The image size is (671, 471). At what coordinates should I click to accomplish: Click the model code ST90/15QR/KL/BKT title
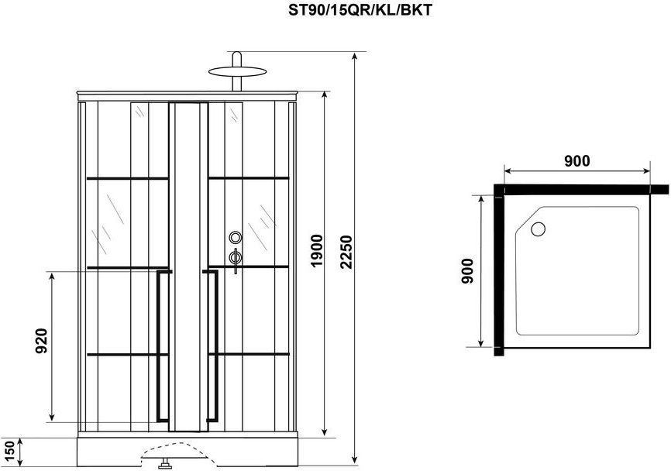(x=360, y=10)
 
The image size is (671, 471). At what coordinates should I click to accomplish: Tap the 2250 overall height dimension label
(x=346, y=252)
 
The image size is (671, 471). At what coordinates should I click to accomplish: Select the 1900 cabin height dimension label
(x=317, y=251)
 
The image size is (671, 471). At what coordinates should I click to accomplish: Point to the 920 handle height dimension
(x=41, y=341)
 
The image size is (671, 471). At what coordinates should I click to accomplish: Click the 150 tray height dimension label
(x=9, y=453)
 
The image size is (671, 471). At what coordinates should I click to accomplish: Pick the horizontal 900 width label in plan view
(x=576, y=161)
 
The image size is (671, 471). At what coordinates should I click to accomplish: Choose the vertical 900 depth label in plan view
(x=468, y=271)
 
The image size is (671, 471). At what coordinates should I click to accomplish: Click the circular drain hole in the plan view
(x=538, y=229)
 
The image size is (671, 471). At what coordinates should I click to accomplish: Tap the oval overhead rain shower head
(x=237, y=71)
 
